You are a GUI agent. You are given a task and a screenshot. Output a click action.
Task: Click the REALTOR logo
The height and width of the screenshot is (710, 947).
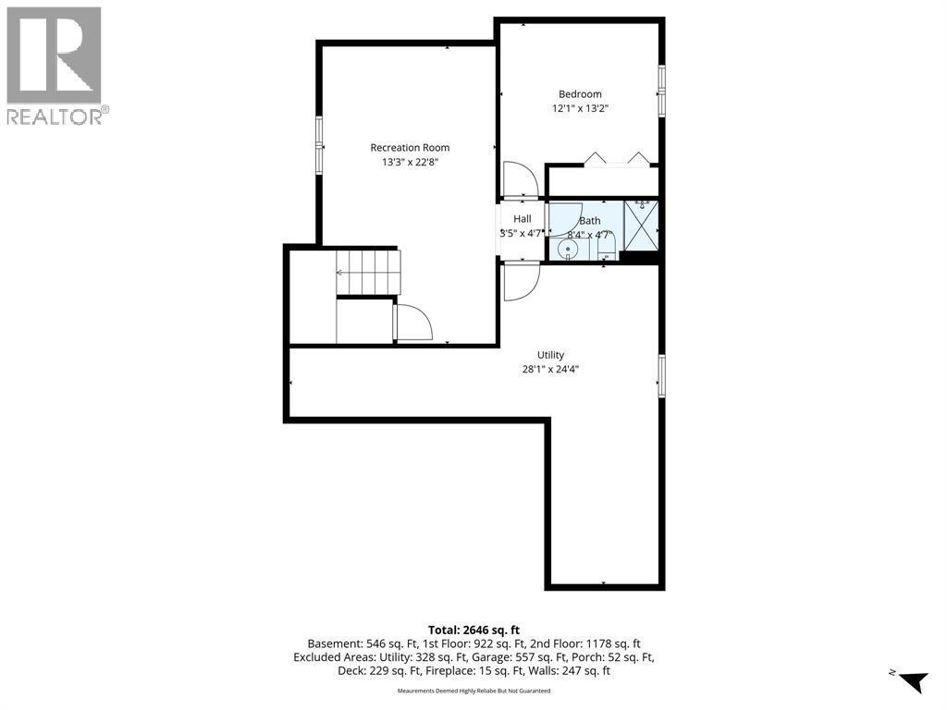point(55,66)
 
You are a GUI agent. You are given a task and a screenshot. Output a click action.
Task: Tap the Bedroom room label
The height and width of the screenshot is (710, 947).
point(580,94)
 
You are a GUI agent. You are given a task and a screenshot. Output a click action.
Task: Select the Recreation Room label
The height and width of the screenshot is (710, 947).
point(410,147)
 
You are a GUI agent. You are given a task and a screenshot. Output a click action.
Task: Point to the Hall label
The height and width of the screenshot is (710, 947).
point(523,218)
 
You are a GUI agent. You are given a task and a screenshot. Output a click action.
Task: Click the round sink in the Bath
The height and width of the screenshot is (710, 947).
point(568,249)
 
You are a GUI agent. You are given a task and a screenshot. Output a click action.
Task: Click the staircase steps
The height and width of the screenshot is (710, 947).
point(368,273)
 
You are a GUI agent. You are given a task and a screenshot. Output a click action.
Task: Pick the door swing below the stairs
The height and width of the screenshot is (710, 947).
point(413,323)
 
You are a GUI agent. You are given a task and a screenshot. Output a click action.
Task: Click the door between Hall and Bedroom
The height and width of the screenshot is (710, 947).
point(521,180)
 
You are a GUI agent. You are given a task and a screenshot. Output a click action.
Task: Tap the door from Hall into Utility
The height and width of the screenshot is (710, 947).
point(521,281)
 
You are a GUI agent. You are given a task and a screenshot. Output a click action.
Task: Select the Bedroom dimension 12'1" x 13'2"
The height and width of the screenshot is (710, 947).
point(580,109)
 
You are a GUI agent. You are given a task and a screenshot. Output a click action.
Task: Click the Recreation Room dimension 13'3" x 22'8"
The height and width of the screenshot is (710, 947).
point(410,162)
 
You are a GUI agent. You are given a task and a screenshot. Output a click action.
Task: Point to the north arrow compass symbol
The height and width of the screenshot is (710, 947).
point(911,679)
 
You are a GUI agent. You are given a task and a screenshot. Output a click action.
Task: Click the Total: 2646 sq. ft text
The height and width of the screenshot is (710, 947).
point(473,630)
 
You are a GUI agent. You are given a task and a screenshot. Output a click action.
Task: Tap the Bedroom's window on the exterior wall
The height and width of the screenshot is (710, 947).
point(661,91)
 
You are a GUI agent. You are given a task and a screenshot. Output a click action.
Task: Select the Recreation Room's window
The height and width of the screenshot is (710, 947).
point(319,146)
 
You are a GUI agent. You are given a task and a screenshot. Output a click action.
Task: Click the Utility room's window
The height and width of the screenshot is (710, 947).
point(661,377)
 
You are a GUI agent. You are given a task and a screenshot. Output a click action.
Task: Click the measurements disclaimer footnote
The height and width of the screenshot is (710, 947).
point(473,691)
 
